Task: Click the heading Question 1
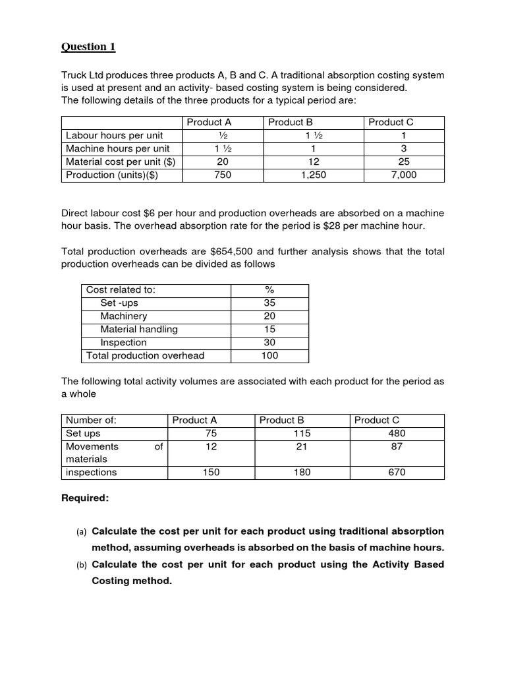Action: pos(88,47)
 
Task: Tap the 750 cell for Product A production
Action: pos(223,175)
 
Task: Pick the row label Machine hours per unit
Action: pos(117,148)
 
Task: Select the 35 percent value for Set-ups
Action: pos(269,303)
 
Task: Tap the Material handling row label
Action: pos(138,330)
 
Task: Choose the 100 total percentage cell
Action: pos(269,356)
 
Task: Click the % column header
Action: pos(269,290)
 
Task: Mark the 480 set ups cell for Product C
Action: pos(397,433)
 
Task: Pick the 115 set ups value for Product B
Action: pos(302,433)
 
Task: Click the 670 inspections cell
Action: pos(397,472)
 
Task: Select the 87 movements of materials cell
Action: pos(397,446)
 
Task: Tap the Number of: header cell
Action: pos(91,420)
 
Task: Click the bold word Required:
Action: pos(84,498)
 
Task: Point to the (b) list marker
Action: pos(82,565)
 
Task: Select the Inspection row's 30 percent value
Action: pos(269,343)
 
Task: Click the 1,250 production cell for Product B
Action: pos(312,175)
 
